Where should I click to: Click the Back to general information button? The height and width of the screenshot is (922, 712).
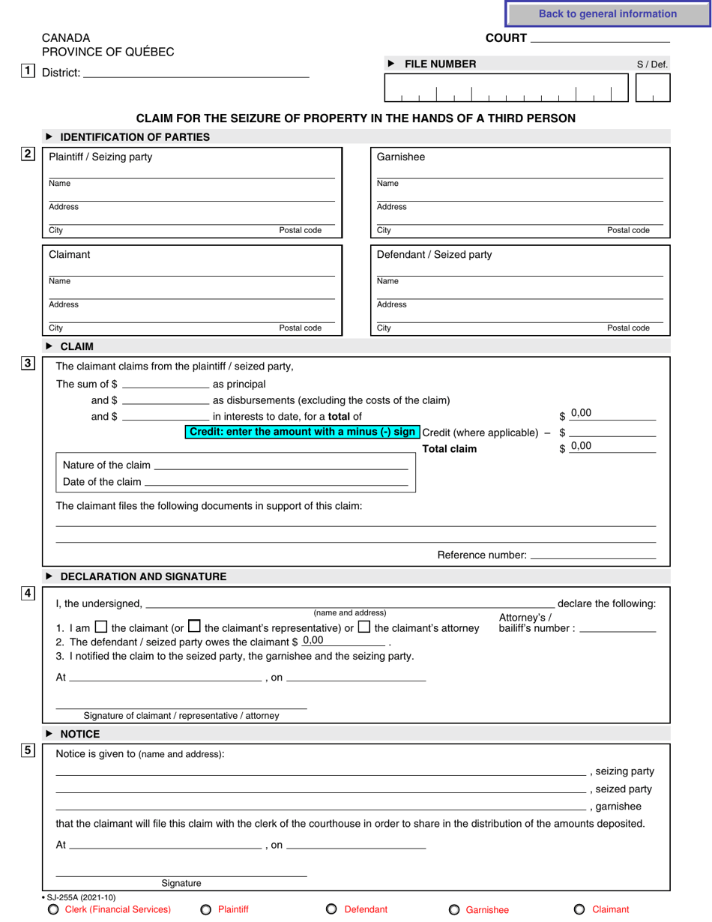tap(607, 14)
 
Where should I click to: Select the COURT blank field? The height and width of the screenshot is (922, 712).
tap(600, 37)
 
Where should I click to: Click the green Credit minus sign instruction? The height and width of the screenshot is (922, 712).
tap(302, 433)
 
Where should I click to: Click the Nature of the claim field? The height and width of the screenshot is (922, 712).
tap(280, 465)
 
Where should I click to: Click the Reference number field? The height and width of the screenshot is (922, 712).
tap(593, 555)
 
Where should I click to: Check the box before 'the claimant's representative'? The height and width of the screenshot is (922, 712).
tap(194, 627)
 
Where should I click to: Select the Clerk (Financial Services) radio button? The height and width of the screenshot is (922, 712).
tap(52, 910)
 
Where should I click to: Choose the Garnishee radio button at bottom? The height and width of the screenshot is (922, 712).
tap(453, 910)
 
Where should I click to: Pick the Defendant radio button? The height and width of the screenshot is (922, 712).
tap(331, 909)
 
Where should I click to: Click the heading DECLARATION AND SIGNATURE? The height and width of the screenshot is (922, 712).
tap(142, 576)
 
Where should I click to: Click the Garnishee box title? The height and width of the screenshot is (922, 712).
tap(400, 157)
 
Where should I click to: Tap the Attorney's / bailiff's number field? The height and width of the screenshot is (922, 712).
tap(618, 628)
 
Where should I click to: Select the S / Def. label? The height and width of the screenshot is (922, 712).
tap(651, 64)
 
